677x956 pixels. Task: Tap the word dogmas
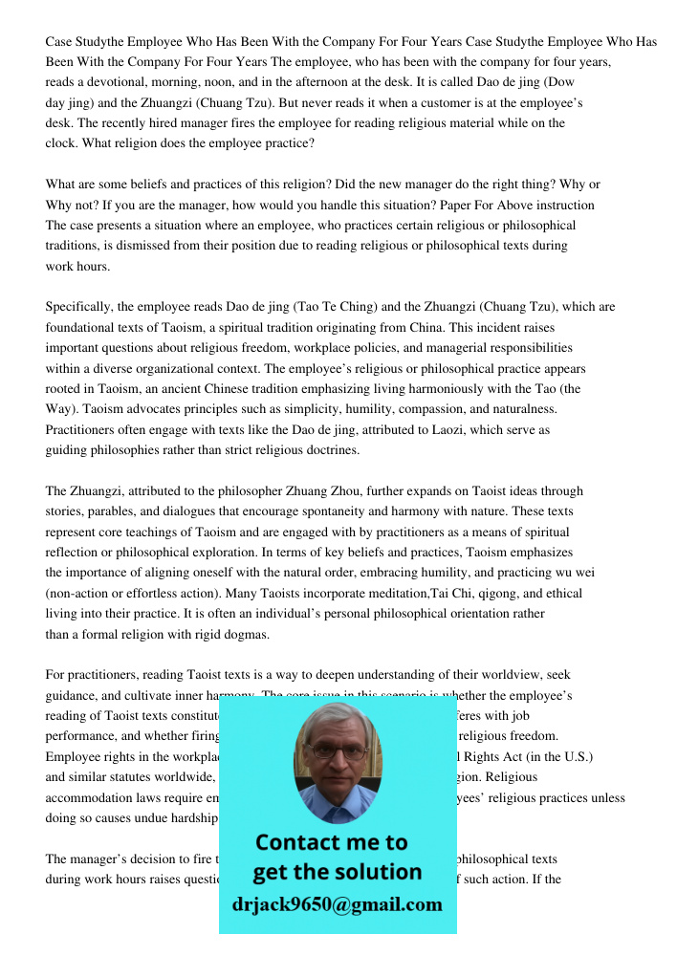[x=243, y=634]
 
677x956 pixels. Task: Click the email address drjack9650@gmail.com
[x=338, y=904]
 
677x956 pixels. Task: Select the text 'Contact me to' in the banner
[x=331, y=842]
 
